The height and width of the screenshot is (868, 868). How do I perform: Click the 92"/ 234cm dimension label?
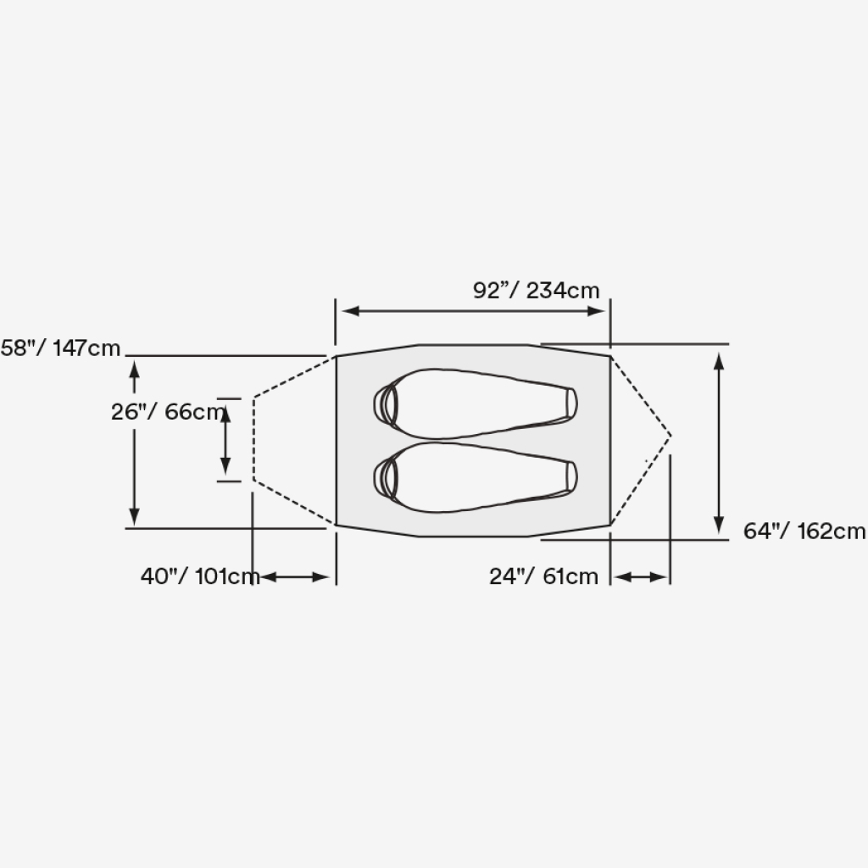pyautogui.click(x=536, y=291)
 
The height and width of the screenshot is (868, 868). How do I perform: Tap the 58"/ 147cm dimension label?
pyautogui.click(x=60, y=348)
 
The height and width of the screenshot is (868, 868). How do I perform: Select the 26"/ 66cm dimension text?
pyautogui.click(x=169, y=412)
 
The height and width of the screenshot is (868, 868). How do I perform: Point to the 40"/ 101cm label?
pyautogui.click(x=200, y=576)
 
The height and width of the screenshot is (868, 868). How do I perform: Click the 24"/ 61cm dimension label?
pyautogui.click(x=543, y=576)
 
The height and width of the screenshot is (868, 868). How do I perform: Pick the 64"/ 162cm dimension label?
pyautogui.click(x=804, y=531)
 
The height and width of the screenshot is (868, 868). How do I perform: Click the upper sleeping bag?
pyautogui.click(x=476, y=403)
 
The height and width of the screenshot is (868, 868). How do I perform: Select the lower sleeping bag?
pyautogui.click(x=476, y=477)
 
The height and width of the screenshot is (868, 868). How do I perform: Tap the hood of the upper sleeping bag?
pyautogui.click(x=386, y=404)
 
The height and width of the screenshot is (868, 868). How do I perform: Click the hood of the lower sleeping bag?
pyautogui.click(x=386, y=478)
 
